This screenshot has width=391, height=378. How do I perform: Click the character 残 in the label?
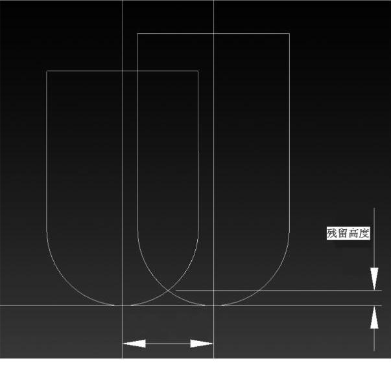pyautogui.click(x=332, y=234)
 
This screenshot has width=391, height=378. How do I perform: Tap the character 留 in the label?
pyautogui.click(x=342, y=234)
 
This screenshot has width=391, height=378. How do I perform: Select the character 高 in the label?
pyautogui.click(x=353, y=234)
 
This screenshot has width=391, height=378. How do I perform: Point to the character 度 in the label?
pyautogui.click(x=364, y=234)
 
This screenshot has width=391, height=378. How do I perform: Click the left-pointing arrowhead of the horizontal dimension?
pyautogui.click(x=134, y=344)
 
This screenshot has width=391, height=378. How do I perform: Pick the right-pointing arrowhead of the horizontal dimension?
pyautogui.click(x=202, y=344)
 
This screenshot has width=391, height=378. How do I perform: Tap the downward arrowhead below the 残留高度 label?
pyautogui.click(x=374, y=279)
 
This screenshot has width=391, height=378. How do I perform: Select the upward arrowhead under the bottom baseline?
pyautogui.click(x=374, y=317)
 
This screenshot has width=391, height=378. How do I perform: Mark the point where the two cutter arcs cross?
pyautogui.click(x=169, y=290)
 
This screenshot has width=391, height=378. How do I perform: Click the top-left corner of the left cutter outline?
pyautogui.click(x=47, y=71)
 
